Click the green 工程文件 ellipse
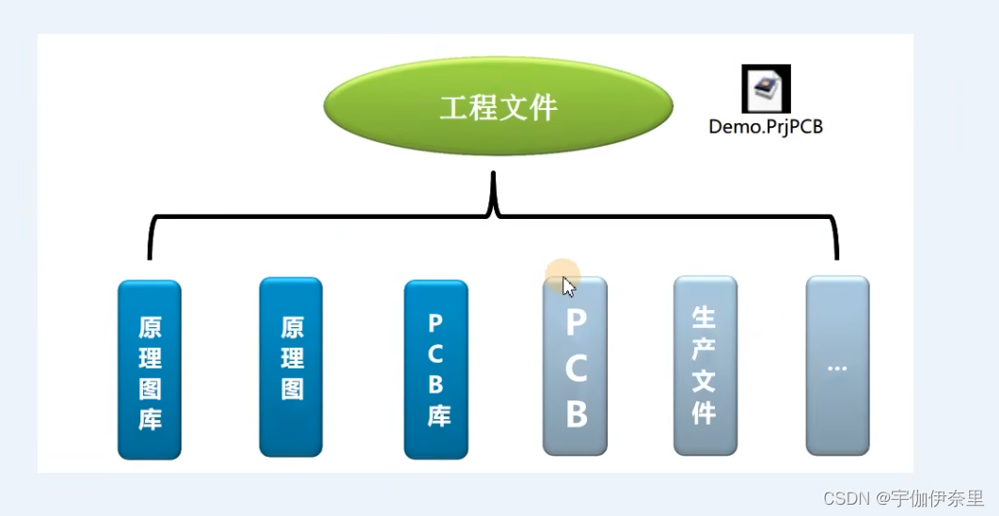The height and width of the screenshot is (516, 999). click(x=498, y=107)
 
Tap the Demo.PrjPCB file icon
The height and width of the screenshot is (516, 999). click(x=766, y=88)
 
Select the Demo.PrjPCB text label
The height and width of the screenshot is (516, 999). click(x=766, y=126)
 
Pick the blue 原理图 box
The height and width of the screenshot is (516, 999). click(x=291, y=367)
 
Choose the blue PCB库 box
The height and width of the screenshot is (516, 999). click(x=436, y=369)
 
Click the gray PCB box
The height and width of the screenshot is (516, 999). click(x=576, y=367)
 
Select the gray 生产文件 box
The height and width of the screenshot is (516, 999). click(x=705, y=366)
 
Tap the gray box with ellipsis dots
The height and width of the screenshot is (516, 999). click(x=837, y=366)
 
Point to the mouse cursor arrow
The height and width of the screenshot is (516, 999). click(x=568, y=286)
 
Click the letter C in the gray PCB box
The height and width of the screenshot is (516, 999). click(x=576, y=368)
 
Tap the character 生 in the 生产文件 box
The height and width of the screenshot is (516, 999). click(x=704, y=315)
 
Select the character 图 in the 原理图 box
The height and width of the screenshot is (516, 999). click(x=292, y=388)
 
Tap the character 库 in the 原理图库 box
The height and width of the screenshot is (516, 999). click(x=150, y=418)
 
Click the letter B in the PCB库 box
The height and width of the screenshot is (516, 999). click(x=436, y=383)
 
